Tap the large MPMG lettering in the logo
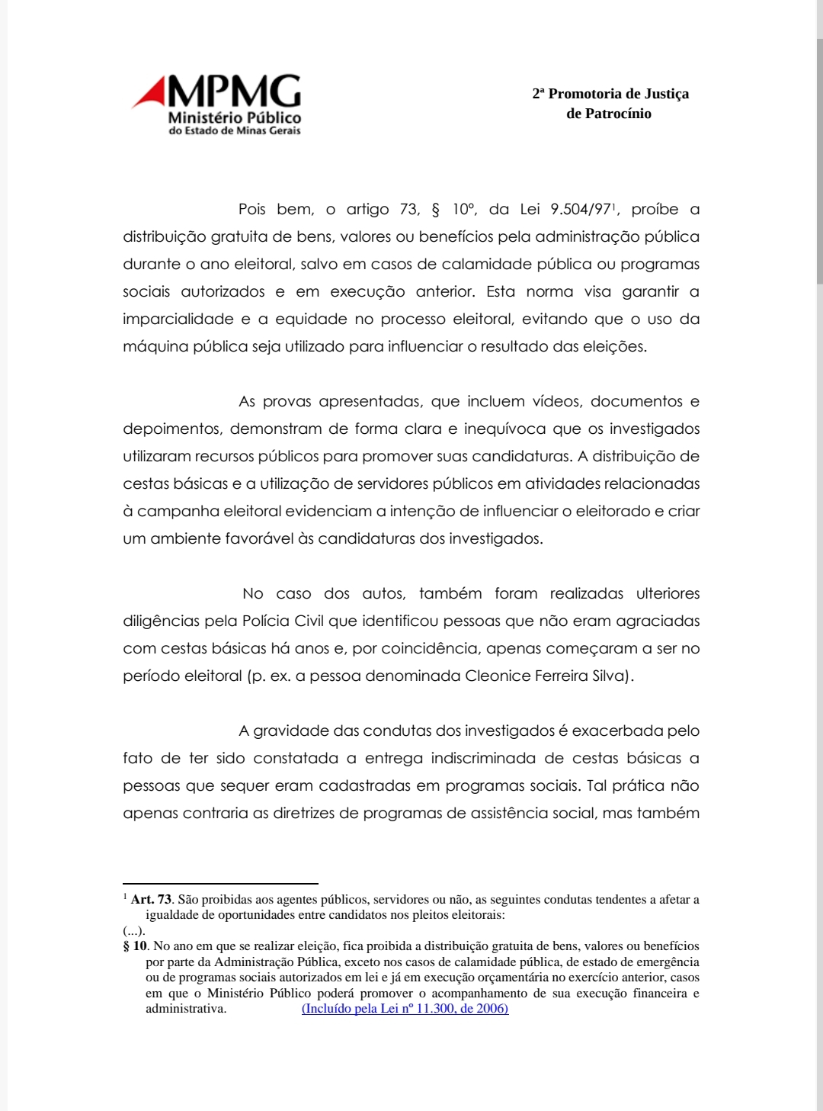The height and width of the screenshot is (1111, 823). tap(234, 92)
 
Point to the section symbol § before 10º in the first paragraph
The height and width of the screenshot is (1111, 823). tap(436, 210)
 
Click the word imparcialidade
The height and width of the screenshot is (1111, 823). tap(178, 319)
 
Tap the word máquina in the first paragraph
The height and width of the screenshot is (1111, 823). tap(155, 347)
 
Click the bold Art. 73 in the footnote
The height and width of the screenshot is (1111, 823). tap(151, 900)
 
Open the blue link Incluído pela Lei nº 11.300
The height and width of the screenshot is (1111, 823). tap(405, 1009)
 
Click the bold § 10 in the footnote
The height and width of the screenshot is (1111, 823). tap(135, 946)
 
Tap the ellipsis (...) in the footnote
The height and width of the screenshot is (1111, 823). tap(133, 931)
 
